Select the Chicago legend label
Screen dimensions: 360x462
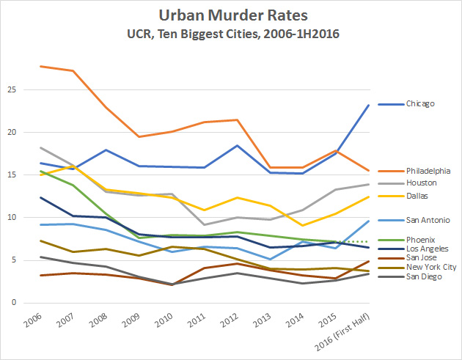(419, 104)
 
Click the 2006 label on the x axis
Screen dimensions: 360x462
(32, 320)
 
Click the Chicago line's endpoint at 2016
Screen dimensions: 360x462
(368, 105)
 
